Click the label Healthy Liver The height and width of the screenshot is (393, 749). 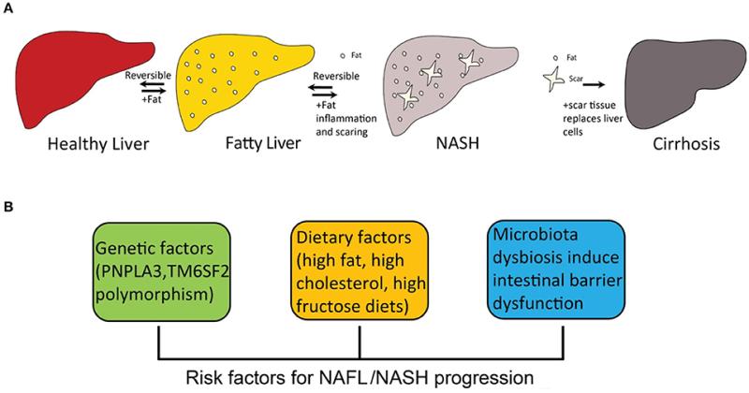pyautogui.click(x=98, y=144)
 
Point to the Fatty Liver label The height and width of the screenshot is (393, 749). pyautogui.click(x=263, y=143)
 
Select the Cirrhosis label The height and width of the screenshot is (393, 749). pyautogui.click(x=686, y=144)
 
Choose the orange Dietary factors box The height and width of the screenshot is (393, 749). pyautogui.click(x=360, y=271)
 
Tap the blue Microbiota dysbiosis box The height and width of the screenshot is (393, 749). pyautogui.click(x=556, y=269)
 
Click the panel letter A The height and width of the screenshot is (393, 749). pyautogui.click(x=8, y=9)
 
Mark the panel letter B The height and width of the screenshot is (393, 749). pyautogui.click(x=8, y=209)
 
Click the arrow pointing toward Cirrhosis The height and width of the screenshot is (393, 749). pyautogui.click(x=594, y=84)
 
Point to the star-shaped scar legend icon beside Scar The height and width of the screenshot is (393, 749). pyautogui.click(x=554, y=80)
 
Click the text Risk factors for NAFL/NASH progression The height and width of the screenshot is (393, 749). pyautogui.click(x=360, y=378)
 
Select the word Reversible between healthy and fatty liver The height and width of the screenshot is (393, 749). pyautogui.click(x=148, y=76)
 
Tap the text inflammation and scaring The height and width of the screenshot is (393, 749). pyautogui.click(x=346, y=125)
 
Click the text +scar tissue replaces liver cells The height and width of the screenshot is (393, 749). pyautogui.click(x=593, y=119)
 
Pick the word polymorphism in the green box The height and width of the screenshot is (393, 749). pyautogui.click(x=154, y=295)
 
